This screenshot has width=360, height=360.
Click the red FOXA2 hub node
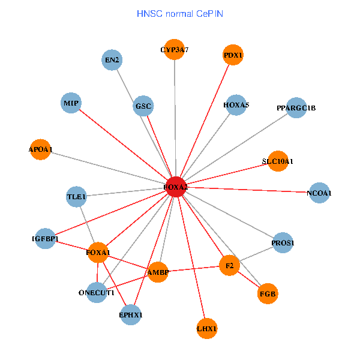pos(175,187)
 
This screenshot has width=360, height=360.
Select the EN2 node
pos(112,60)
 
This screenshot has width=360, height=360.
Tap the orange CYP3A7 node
pos(174,50)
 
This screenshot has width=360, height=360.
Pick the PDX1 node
pos(233,56)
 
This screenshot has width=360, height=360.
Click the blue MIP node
pos(71,103)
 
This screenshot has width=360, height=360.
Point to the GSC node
pos(144,106)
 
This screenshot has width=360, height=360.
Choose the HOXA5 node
pos(236,105)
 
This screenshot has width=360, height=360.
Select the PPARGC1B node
pos(296,108)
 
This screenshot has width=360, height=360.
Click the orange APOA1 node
pos(41,149)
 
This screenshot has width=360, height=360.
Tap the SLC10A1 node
pos(278,161)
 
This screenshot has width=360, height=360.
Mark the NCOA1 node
pos(319,193)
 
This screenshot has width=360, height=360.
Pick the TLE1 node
pos(77,197)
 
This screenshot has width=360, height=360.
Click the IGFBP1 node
pos(46,239)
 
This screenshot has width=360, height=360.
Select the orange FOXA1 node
pos(98,253)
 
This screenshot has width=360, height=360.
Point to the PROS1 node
pos(283,243)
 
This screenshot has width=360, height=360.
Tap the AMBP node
pos(158,272)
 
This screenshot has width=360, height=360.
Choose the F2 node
pos(229,265)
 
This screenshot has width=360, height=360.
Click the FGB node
pos(268,294)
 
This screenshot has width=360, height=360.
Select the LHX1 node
pos(207,328)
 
